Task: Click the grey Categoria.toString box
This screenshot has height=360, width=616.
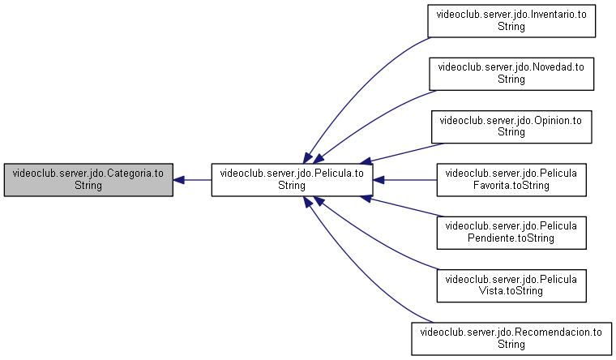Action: (88, 180)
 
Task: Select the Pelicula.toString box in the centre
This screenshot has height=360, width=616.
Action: (292, 180)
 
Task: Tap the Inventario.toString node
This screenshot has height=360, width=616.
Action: (511, 21)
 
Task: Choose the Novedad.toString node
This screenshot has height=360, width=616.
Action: (511, 74)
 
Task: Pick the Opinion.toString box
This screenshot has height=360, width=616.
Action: (511, 127)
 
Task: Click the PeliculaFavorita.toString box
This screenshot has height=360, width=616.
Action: (511, 180)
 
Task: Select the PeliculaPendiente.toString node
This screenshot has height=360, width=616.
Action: (511, 233)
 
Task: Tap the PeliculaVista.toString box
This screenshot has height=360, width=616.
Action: (511, 285)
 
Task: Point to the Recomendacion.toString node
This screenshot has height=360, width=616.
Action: (511, 339)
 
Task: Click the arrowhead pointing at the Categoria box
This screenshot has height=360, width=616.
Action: (179, 180)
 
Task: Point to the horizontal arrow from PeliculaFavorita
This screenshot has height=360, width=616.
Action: (404, 180)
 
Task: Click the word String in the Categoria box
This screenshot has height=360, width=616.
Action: (88, 186)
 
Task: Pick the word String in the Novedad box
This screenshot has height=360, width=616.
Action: (511, 79)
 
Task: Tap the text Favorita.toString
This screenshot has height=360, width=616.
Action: (511, 185)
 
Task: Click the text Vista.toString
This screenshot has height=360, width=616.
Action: (511, 291)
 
